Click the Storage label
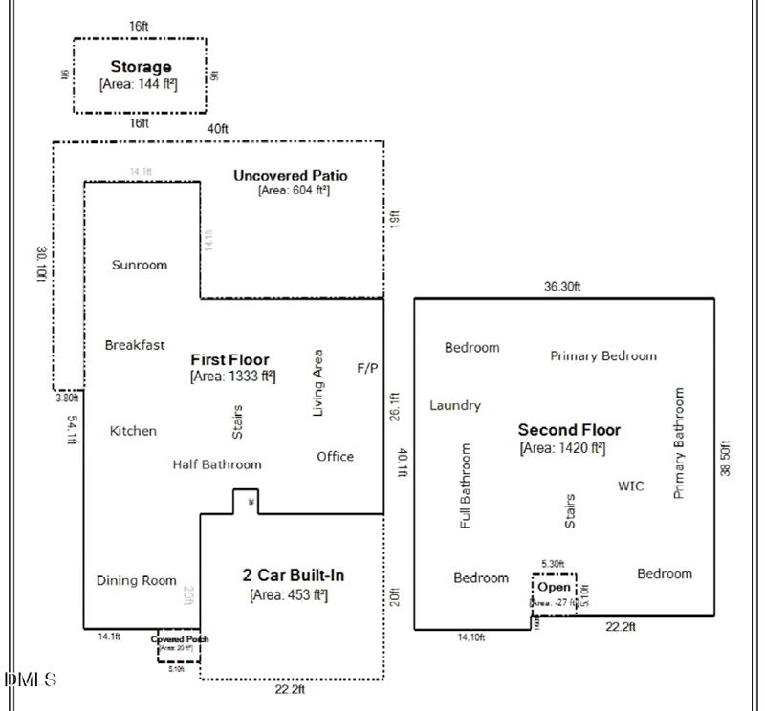point(141,67)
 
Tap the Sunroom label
point(140,265)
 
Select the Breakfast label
point(135,345)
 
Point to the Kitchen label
point(133,431)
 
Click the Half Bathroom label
point(217,464)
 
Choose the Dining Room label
point(137,580)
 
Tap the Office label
point(336,457)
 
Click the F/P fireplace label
point(367,367)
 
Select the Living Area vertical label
point(318,382)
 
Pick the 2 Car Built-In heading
point(293,575)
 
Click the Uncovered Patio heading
point(291,175)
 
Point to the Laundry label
point(455,405)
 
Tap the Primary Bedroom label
point(603,355)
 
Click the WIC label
point(631,486)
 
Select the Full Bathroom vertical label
point(466,486)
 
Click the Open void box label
point(554,587)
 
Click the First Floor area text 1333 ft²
point(233,377)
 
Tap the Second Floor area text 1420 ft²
point(562,447)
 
